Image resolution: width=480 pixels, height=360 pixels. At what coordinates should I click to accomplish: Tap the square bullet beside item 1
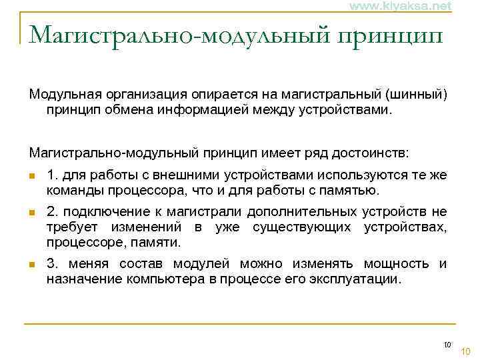pos(31,177)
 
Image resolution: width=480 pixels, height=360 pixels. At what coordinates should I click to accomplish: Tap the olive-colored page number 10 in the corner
pos(466,351)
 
